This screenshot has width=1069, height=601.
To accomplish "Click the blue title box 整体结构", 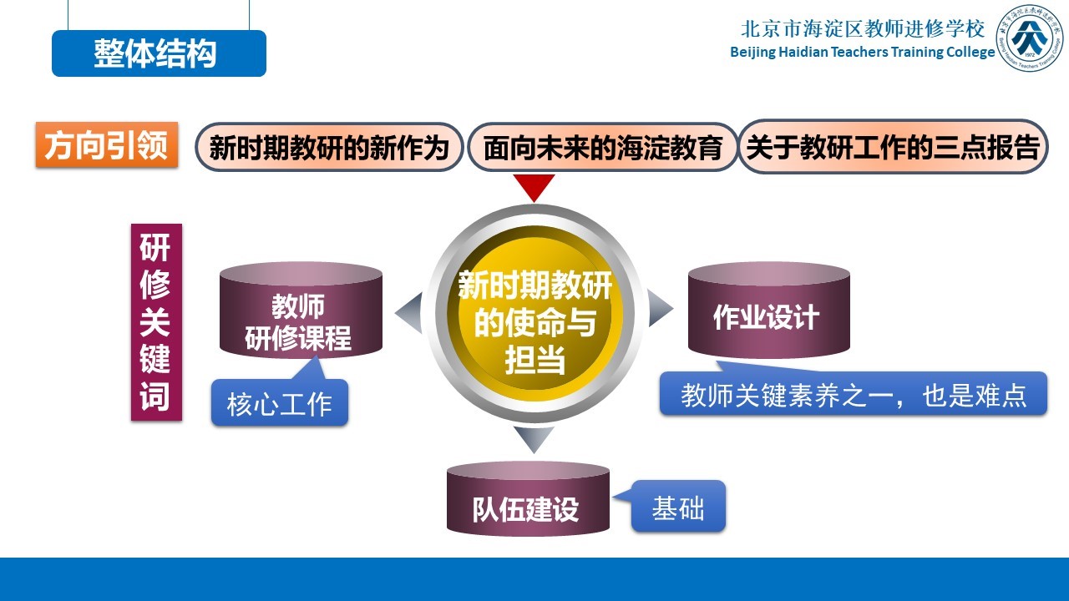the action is (159, 53).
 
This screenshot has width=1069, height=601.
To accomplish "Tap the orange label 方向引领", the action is (107, 145).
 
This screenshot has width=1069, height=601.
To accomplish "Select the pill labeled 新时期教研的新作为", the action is (329, 147).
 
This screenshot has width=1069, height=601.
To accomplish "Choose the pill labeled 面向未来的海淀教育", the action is (603, 147).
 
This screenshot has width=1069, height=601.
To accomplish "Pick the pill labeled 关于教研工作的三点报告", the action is (893, 146).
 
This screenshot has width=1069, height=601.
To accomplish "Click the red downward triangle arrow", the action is (534, 187).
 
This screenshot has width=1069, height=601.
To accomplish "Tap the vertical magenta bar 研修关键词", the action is (156, 322).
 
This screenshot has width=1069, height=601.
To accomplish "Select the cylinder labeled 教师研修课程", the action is (301, 310).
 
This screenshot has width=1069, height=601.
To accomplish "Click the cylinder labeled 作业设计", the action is (769, 310).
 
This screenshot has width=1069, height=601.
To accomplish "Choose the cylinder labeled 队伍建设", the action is (528, 498).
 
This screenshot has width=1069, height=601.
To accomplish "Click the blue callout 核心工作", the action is (280, 402).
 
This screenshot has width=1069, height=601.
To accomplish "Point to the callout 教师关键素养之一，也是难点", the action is (854, 393).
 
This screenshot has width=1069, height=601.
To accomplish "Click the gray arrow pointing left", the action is (410, 312).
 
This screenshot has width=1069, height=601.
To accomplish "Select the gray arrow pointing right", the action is (660, 308).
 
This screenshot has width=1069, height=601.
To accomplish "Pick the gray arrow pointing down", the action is (534, 439).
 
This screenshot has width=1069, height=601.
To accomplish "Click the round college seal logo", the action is (1030, 38).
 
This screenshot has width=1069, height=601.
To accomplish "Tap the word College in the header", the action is (970, 52).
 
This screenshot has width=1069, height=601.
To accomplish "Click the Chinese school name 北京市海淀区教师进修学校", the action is (863, 28).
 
